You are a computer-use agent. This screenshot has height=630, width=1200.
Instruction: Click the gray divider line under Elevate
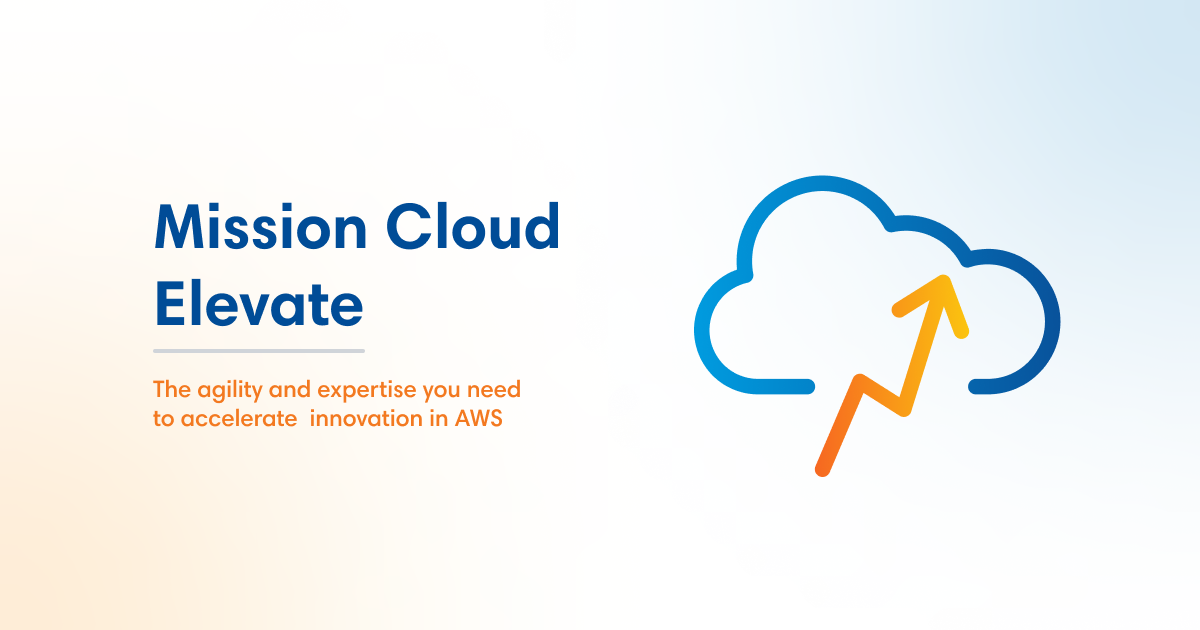coord(259,351)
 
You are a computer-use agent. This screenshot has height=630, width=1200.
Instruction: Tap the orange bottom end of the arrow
coord(823,467)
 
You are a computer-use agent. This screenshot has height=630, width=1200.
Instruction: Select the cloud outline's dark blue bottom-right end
coord(985,385)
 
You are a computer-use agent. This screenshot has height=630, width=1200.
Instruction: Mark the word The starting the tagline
coord(169,389)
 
